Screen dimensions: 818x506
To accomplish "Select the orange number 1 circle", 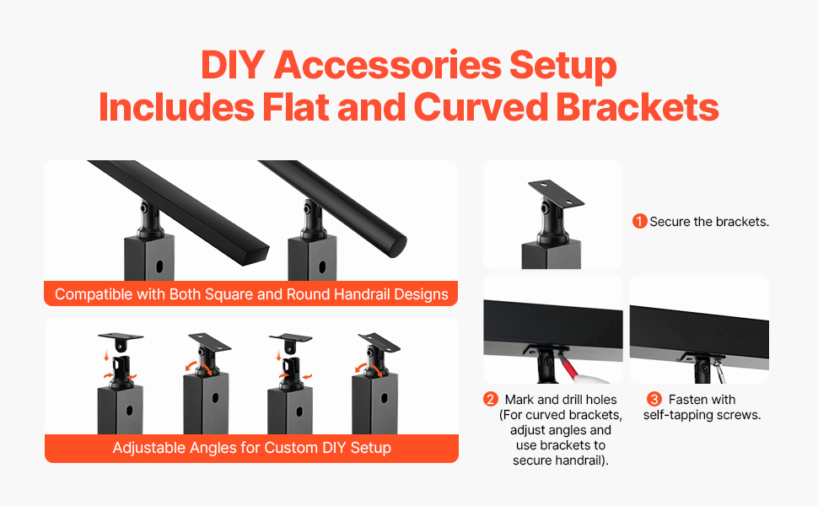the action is pyautogui.click(x=639, y=221).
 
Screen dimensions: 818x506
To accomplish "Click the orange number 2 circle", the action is pyautogui.click(x=491, y=400).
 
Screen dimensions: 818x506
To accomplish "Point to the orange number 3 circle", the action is pyautogui.click(x=654, y=400).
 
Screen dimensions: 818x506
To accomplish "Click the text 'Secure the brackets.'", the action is pyautogui.click(x=709, y=222).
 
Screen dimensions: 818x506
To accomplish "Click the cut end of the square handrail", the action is pyautogui.click(x=259, y=255).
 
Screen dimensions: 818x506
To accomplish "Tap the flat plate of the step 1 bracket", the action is pyautogui.click(x=556, y=193).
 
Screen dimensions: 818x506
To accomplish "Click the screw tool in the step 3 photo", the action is pyautogui.click(x=719, y=370).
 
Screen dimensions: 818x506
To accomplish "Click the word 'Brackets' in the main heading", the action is pyautogui.click(x=637, y=107).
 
